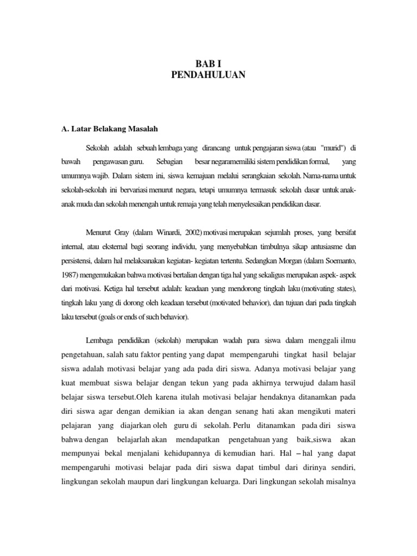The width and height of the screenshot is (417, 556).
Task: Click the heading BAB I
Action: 208,62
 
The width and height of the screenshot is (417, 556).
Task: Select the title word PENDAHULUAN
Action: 208,74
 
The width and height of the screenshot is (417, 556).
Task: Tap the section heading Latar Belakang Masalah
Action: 109,129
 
